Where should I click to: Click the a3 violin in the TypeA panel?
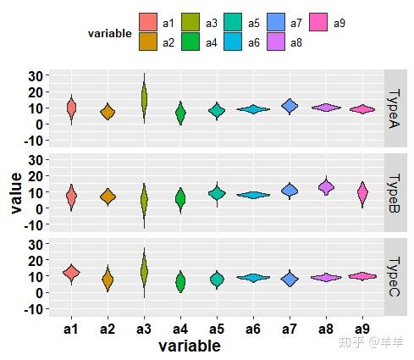click(144, 97)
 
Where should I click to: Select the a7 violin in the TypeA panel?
click(290, 106)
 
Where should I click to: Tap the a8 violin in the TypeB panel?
click(326, 186)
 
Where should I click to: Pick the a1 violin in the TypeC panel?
click(71, 272)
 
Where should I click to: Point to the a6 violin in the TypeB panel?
click(253, 195)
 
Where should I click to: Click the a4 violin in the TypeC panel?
click(180, 281)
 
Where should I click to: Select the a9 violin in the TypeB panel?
click(362, 193)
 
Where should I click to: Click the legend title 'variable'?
click(109, 34)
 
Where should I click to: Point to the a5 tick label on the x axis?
click(217, 329)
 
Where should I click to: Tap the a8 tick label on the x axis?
click(326, 329)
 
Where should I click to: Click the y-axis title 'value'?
click(17, 193)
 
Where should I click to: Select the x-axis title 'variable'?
click(190, 346)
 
